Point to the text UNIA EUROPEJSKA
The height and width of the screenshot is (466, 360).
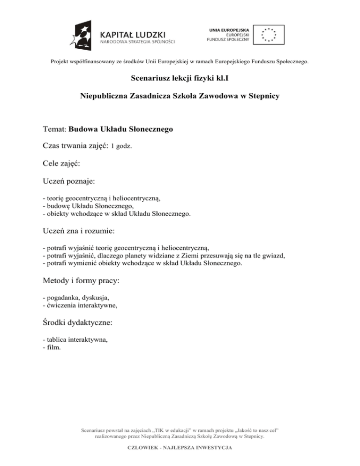point(229,30)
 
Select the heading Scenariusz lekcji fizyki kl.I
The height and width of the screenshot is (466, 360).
point(180,79)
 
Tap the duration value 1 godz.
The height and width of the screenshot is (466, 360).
point(121,146)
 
